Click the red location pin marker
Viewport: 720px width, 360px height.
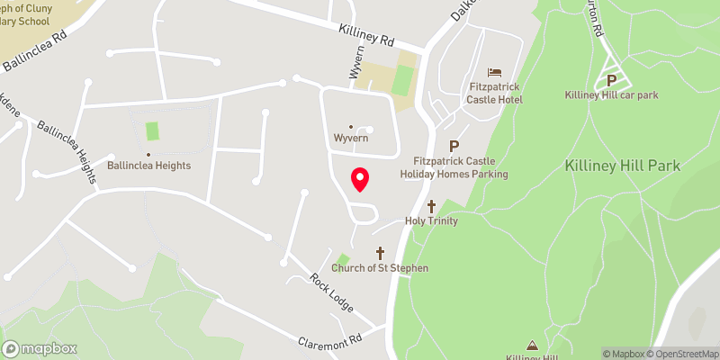[x=360, y=179]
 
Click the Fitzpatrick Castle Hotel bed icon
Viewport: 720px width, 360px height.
[x=494, y=72]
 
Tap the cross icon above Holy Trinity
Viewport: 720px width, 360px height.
[x=432, y=206]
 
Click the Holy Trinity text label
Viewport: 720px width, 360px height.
[x=432, y=221]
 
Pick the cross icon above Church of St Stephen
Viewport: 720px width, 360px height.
[x=380, y=253]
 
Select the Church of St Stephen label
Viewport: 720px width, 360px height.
[x=380, y=268]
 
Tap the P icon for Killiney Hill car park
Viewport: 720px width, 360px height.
[x=612, y=79]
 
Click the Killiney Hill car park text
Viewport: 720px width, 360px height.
[x=612, y=95]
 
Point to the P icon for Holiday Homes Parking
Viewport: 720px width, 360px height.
[x=454, y=146]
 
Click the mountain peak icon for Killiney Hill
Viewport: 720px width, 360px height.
[x=532, y=344]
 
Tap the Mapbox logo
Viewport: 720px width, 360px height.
[x=40, y=348]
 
